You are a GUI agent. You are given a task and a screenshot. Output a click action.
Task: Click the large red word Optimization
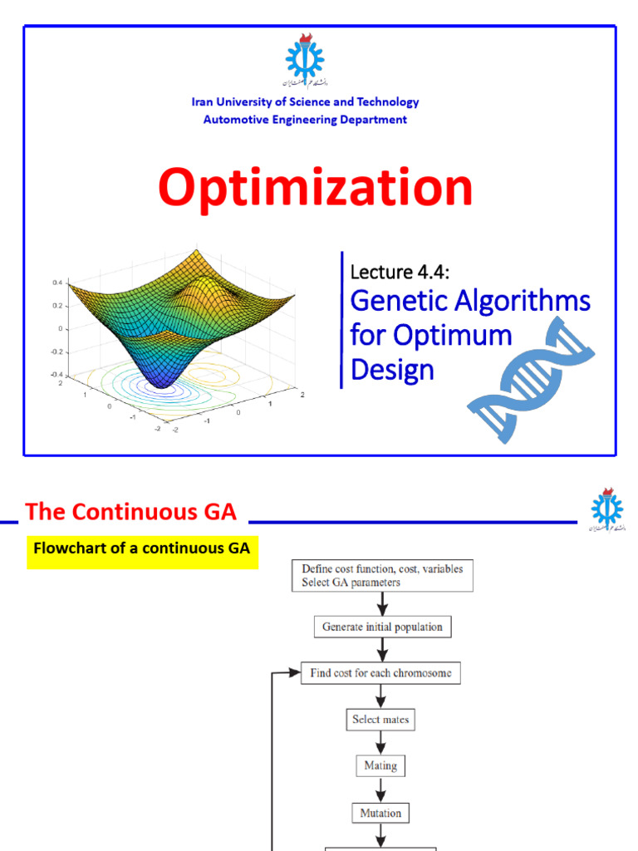[315, 188]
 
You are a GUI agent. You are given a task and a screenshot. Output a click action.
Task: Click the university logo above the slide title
[305, 63]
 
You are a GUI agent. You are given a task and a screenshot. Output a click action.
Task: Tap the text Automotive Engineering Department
[305, 120]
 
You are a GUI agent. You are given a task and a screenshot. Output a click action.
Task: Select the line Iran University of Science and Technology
[305, 102]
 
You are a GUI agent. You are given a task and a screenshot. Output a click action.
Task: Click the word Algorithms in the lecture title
[523, 300]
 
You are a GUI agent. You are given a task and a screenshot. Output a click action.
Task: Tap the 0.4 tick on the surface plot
[57, 283]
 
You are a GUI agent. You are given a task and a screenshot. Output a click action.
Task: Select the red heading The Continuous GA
[131, 512]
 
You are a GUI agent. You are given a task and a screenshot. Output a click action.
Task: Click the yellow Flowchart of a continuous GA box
[142, 549]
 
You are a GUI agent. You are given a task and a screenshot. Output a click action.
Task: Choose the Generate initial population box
[382, 627]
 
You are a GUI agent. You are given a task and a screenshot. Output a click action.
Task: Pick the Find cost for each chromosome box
[380, 673]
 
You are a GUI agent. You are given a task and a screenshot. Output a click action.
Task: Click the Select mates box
[380, 720]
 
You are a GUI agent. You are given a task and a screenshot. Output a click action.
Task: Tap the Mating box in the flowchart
[380, 765]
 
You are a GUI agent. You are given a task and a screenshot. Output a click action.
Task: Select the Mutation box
[380, 813]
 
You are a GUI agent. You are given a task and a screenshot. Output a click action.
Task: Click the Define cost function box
[382, 576]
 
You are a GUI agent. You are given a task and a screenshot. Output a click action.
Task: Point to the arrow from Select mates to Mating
[380, 743]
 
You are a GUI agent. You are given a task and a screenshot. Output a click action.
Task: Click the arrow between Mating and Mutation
[380, 790]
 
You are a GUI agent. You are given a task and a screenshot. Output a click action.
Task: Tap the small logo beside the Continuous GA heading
[607, 510]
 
